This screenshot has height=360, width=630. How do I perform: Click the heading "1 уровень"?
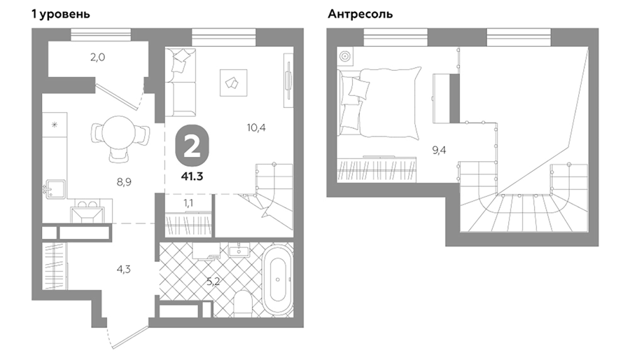61,14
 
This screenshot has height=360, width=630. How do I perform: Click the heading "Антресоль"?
360,14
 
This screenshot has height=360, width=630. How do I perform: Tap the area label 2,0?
97,57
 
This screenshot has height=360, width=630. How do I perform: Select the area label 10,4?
256,127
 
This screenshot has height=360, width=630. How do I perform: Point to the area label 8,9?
124,182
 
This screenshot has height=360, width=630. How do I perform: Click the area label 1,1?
188,203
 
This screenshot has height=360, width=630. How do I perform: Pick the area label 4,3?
124,269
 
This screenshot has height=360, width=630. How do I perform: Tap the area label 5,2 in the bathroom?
213,282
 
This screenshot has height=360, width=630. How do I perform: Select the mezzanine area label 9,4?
439,151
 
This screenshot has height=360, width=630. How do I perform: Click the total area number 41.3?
192,176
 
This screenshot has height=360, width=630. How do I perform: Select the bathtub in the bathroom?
278,279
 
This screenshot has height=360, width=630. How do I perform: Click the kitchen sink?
54,189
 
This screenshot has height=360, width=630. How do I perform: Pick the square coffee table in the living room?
233,83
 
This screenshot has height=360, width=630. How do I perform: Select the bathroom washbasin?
239,251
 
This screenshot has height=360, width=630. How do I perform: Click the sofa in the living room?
181,83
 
